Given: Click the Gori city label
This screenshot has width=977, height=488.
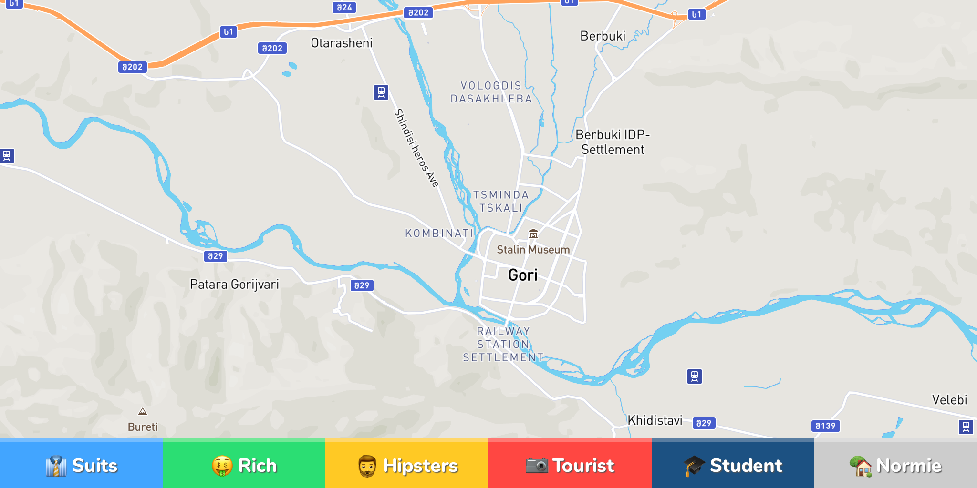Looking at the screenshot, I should (x=523, y=275).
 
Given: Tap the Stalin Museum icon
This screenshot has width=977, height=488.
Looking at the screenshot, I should (x=533, y=234).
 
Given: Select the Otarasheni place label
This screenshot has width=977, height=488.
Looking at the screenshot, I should (x=341, y=43).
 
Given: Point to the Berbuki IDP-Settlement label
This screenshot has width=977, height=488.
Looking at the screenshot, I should (x=613, y=142).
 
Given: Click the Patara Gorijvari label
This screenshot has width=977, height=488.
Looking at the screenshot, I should (x=234, y=285).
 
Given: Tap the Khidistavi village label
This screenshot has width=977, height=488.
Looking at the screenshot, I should (x=655, y=420).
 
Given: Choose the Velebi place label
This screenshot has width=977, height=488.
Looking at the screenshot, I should (x=949, y=400).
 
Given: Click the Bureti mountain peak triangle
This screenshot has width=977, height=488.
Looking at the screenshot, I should (x=143, y=412).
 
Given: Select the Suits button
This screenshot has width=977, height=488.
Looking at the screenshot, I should (x=82, y=465).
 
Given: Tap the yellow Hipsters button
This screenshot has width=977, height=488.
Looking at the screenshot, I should (x=407, y=465).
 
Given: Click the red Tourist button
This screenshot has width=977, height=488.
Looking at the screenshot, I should (x=570, y=465).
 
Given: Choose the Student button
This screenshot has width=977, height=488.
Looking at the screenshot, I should (x=733, y=465).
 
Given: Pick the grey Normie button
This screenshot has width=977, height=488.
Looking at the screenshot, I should (x=895, y=465).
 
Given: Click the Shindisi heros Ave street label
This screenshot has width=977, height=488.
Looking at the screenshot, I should (x=416, y=148).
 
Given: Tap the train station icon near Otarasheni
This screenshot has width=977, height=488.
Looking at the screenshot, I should (x=381, y=92).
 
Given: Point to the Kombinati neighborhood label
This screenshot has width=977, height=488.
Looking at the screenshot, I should (x=439, y=233).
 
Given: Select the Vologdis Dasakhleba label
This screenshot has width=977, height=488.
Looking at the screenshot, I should (x=491, y=92).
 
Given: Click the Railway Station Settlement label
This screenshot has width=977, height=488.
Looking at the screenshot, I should (x=503, y=344).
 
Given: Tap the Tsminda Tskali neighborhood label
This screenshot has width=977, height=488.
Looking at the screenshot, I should (x=501, y=201).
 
